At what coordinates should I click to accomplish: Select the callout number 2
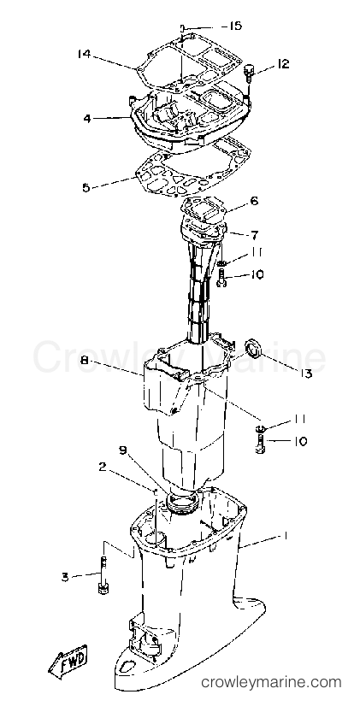coord(103,467)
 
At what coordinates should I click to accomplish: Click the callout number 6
coord(253,202)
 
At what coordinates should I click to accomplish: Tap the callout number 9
coord(123,450)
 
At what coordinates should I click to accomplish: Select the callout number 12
coord(283,64)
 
